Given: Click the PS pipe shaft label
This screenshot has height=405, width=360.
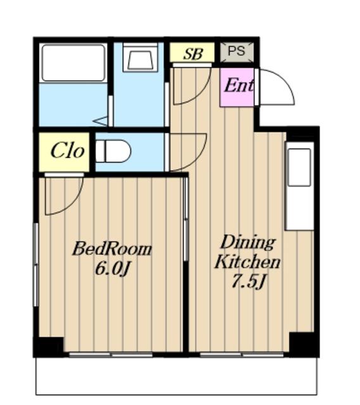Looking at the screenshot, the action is pos(236,51).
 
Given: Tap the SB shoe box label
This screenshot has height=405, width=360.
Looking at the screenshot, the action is pos(193,54).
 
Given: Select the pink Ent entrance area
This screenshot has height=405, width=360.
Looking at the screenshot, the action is pos(237,87).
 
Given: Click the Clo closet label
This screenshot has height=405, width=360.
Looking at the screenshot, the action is pos(68,151).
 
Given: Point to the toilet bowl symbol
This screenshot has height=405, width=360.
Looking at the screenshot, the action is pos(113,151).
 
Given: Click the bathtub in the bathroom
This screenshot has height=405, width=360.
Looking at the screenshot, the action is pos(73,63).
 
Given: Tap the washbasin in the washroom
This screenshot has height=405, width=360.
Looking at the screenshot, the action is pos(140,58).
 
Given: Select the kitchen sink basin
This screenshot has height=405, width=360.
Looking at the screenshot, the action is pos(299,167).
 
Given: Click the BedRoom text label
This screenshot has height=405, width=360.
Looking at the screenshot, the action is pos(112,249).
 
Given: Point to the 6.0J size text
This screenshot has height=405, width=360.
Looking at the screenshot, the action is pos(112,268).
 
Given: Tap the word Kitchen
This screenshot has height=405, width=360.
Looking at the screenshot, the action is pos(247,261).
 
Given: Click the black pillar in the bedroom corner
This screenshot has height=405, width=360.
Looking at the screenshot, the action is pos(49,347).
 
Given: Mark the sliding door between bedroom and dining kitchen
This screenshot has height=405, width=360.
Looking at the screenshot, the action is pos(185,220).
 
